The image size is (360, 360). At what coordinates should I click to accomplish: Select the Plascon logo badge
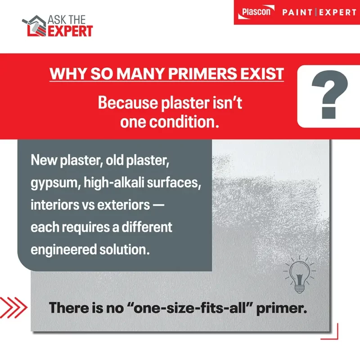coord(257,12)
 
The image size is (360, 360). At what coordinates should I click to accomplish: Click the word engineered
coord(59,249)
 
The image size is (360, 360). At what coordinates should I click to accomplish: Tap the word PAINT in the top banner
coord(298,12)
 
